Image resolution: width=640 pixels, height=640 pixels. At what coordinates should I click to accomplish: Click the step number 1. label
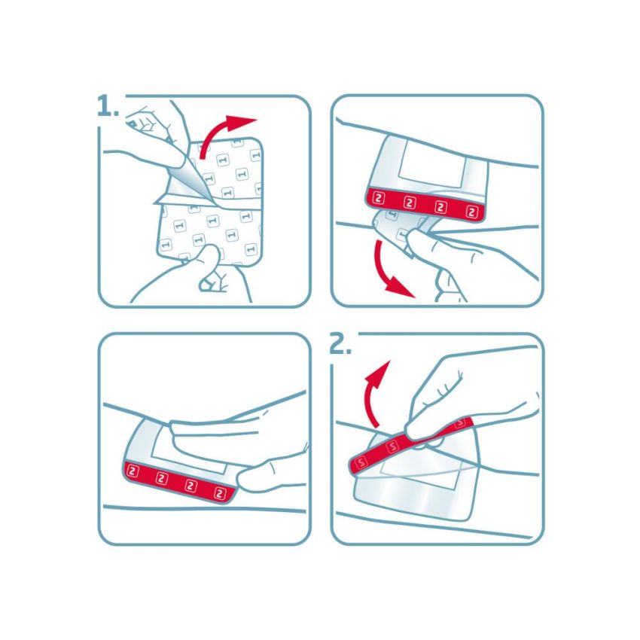pyautogui.click(x=108, y=107)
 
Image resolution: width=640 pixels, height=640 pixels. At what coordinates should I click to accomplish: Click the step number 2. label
pyautogui.click(x=341, y=345)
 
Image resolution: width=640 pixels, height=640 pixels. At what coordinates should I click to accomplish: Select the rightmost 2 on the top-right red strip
pyautogui.click(x=472, y=212)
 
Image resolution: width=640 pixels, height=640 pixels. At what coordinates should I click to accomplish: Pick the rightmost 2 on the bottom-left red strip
pyautogui.click(x=220, y=493)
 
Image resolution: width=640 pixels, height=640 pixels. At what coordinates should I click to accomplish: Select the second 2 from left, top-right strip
pyautogui.click(x=410, y=204)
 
